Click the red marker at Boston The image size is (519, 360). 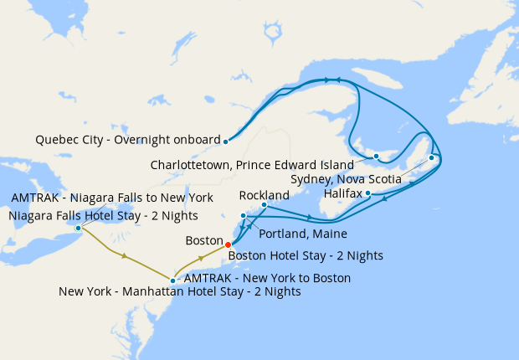tap(229, 244)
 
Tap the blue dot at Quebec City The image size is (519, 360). tap(226, 141)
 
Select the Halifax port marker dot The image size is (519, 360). tap(368, 193)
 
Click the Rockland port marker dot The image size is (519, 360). tap(264, 204)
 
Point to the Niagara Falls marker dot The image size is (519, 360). tap(78, 228)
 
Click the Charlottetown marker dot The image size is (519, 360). tap(376, 157)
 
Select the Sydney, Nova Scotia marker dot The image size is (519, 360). tap(431, 157)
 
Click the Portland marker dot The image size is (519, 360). tap(244, 216)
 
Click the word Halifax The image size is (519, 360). tap(343, 193)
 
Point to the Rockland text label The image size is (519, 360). tap(265, 194)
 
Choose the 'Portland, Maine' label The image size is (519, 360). tap(303, 234)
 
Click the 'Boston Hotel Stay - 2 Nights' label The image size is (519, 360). tap(306, 255)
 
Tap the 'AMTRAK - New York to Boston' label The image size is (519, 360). tap(267, 277)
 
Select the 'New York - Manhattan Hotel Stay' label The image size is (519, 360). tap(180, 292)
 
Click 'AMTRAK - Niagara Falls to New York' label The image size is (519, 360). tap(111, 198)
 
